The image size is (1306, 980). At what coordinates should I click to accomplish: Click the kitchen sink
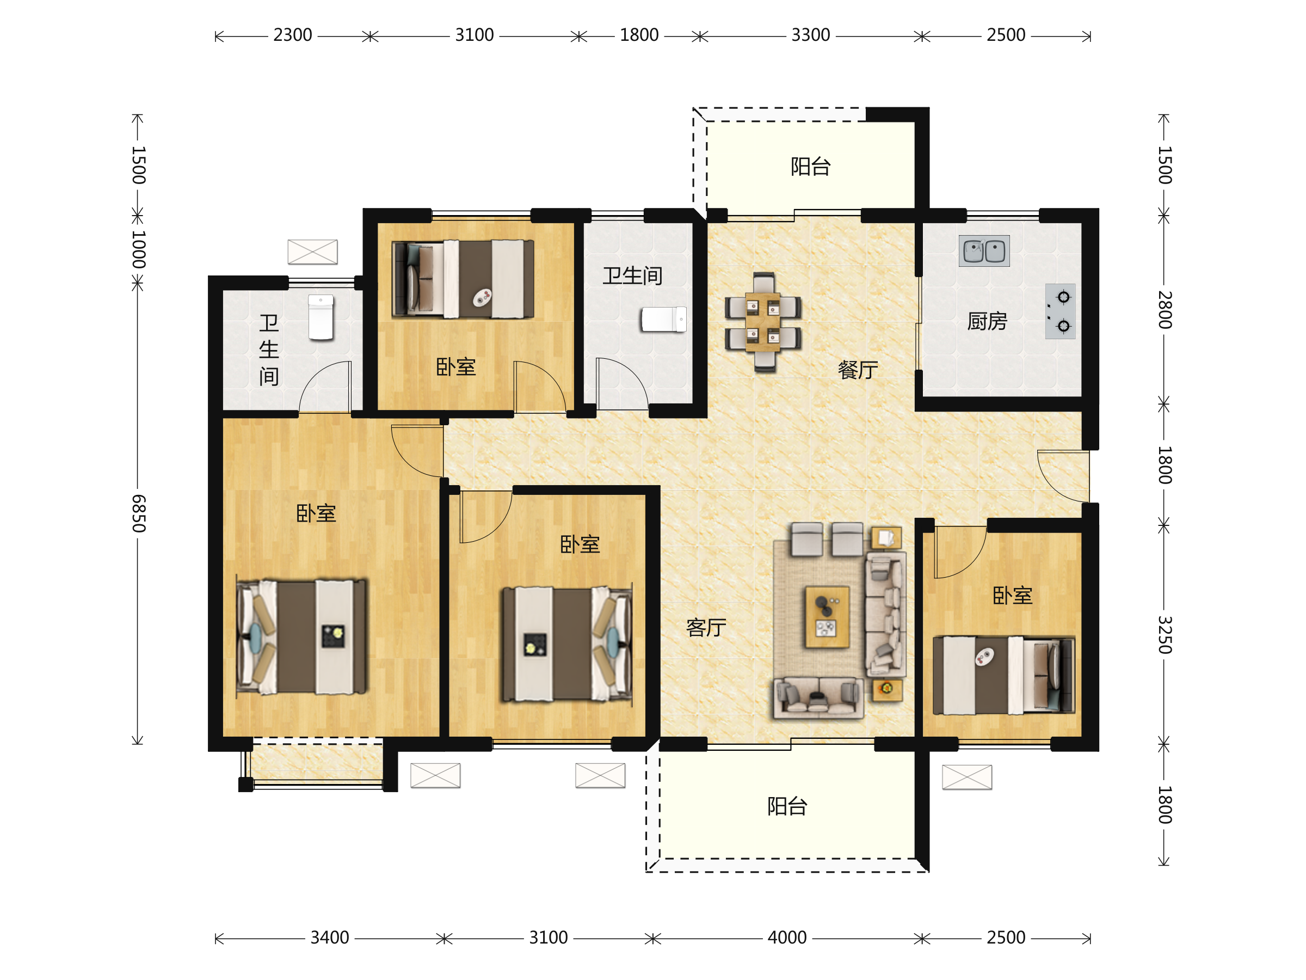[x=984, y=251]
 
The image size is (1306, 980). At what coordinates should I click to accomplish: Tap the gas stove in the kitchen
[x=1060, y=311]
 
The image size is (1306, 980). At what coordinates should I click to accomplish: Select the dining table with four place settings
[x=762, y=322]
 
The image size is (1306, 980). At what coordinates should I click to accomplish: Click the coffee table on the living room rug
[x=827, y=617]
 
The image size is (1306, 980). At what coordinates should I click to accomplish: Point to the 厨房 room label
[x=987, y=321]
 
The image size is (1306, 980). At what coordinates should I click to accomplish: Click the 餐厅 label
[x=858, y=370]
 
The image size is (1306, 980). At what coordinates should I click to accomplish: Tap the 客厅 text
[x=706, y=627]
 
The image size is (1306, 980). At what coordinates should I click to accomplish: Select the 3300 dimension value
[x=811, y=35]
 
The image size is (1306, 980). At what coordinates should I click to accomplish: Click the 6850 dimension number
[x=139, y=513]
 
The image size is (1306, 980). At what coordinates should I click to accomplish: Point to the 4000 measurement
[x=787, y=938]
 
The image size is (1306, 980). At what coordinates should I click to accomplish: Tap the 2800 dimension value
[x=1165, y=310]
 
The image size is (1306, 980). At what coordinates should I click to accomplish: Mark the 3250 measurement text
[x=1165, y=634]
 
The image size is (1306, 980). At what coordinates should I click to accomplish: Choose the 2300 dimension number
[x=292, y=35]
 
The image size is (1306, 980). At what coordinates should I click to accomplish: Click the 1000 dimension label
[x=139, y=249]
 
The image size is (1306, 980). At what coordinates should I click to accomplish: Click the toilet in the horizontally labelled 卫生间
[x=664, y=320]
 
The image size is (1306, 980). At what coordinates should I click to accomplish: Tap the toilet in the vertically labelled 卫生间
[x=321, y=318]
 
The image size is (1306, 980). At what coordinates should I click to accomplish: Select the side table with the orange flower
[x=887, y=689]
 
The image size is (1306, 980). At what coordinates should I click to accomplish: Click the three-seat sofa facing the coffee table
[x=818, y=697]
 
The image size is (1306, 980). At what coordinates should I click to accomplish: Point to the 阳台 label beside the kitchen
[x=811, y=167]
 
